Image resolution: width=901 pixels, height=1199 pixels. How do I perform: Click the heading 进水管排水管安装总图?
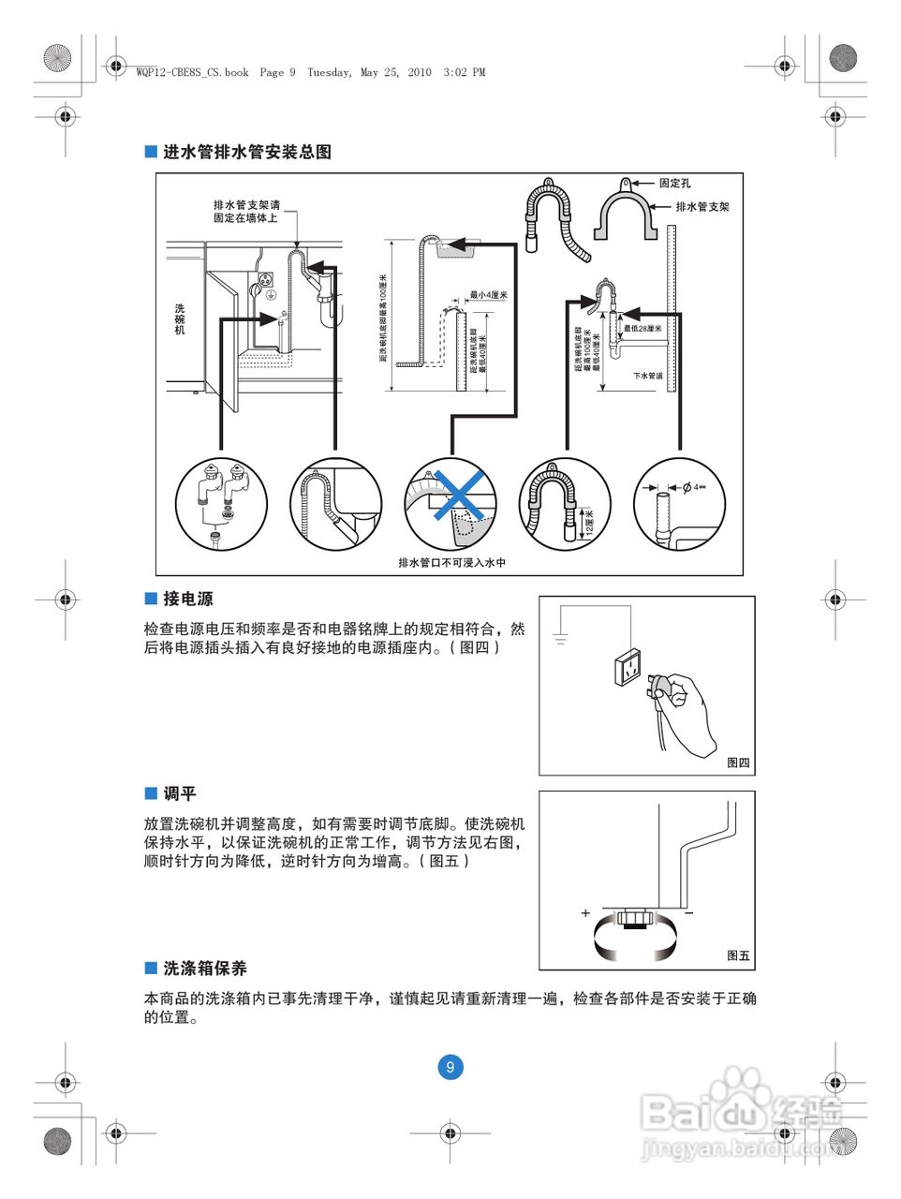click(x=246, y=152)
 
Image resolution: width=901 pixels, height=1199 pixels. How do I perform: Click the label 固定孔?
click(x=674, y=184)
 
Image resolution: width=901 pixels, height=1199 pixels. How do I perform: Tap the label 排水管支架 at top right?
click(x=702, y=207)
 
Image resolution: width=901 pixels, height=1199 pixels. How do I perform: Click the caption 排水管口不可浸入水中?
click(x=451, y=563)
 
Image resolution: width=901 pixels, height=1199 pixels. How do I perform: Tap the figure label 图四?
click(x=738, y=762)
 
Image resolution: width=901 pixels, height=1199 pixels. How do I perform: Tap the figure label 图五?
click(x=738, y=955)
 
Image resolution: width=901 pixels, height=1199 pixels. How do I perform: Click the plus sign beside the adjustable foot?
click(x=585, y=912)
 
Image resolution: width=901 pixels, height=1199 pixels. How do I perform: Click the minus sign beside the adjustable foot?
click(x=688, y=912)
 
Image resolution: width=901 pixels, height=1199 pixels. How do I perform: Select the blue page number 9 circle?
click(x=450, y=1067)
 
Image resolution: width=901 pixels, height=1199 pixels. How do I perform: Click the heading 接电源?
click(x=187, y=599)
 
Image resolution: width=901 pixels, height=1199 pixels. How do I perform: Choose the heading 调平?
click(x=179, y=793)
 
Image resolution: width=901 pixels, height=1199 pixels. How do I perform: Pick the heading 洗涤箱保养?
click(x=204, y=969)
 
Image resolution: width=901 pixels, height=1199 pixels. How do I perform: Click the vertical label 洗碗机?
click(x=180, y=318)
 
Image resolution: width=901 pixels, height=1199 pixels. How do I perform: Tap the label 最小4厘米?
click(x=488, y=295)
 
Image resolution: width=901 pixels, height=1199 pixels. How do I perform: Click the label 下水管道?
click(x=647, y=376)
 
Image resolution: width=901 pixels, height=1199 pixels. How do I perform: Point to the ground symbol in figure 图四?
click(x=560, y=640)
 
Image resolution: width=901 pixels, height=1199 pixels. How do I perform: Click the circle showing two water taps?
click(x=222, y=504)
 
